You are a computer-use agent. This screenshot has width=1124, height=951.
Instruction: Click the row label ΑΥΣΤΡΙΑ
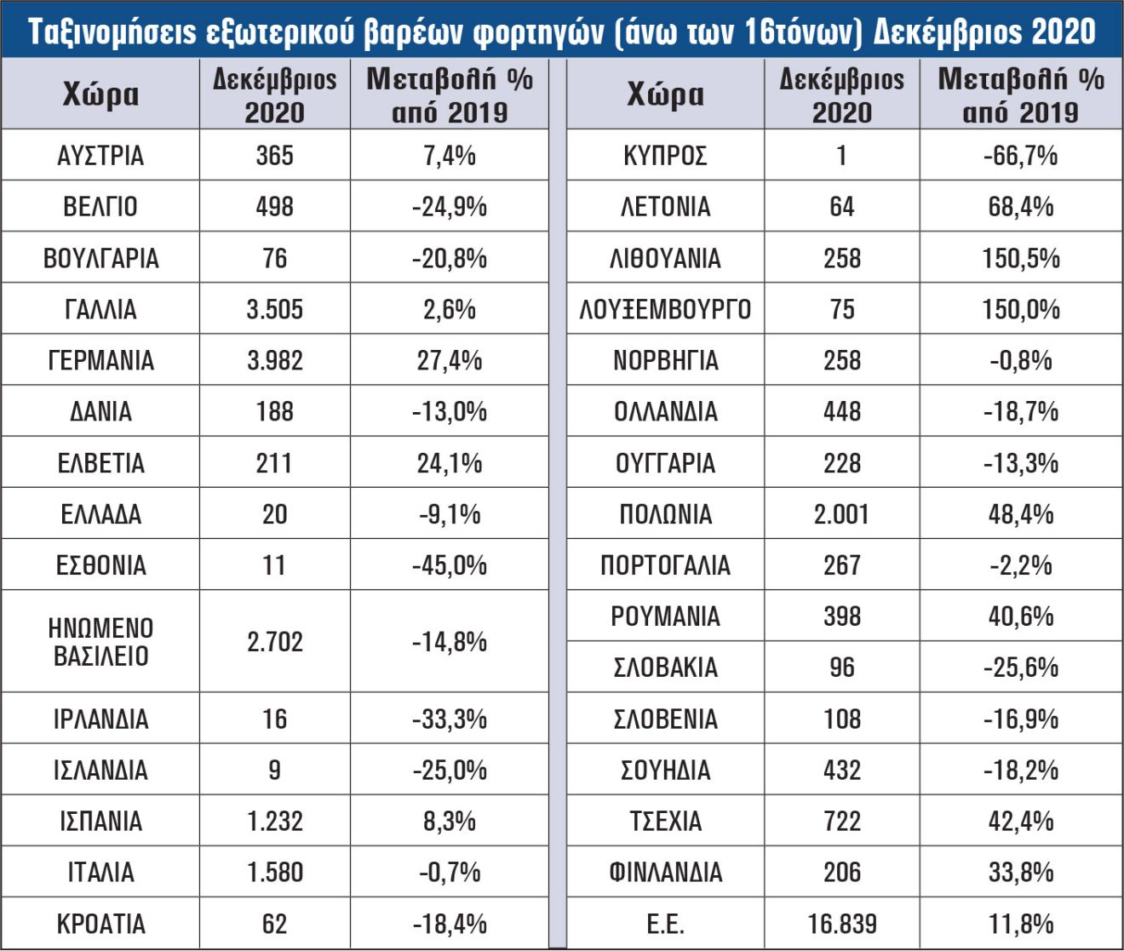pos(100,156)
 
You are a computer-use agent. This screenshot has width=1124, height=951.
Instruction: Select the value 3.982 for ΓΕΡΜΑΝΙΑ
pos(274,360)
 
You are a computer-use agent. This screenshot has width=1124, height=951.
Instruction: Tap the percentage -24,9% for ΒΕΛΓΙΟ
pos(449,207)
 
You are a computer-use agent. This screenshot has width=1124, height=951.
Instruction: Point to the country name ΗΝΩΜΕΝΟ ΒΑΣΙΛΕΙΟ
pos(100,642)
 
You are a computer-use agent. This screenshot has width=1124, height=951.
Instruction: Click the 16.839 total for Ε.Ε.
pos(842,924)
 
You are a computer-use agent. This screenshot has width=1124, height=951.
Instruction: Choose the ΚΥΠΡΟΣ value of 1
pos(841,156)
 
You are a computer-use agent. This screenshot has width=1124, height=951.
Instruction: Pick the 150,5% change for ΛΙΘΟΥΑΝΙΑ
pos(1021,258)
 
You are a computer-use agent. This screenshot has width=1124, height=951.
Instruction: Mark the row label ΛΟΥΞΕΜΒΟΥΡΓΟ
pos(665,309)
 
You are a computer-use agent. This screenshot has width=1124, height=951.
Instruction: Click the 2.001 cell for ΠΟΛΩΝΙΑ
pos(841,514)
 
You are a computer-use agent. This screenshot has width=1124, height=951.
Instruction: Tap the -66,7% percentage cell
pos(1021,156)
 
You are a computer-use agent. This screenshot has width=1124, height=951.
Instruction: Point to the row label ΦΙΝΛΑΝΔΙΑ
pos(666,872)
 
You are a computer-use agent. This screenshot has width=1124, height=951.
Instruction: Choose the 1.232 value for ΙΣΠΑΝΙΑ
pos(274,821)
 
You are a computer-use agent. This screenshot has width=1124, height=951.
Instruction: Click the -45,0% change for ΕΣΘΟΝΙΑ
pos(449,565)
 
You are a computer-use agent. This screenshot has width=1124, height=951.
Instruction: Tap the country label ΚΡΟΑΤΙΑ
pos(100,924)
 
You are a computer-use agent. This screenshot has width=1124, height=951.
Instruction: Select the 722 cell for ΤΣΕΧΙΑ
pos(842,821)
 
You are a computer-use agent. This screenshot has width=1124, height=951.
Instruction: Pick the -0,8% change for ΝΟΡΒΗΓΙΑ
pos(1021,360)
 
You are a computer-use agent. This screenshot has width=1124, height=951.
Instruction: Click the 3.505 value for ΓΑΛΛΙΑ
pos(274,309)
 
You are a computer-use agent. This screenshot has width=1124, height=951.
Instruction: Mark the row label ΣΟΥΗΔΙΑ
pos(666,770)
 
